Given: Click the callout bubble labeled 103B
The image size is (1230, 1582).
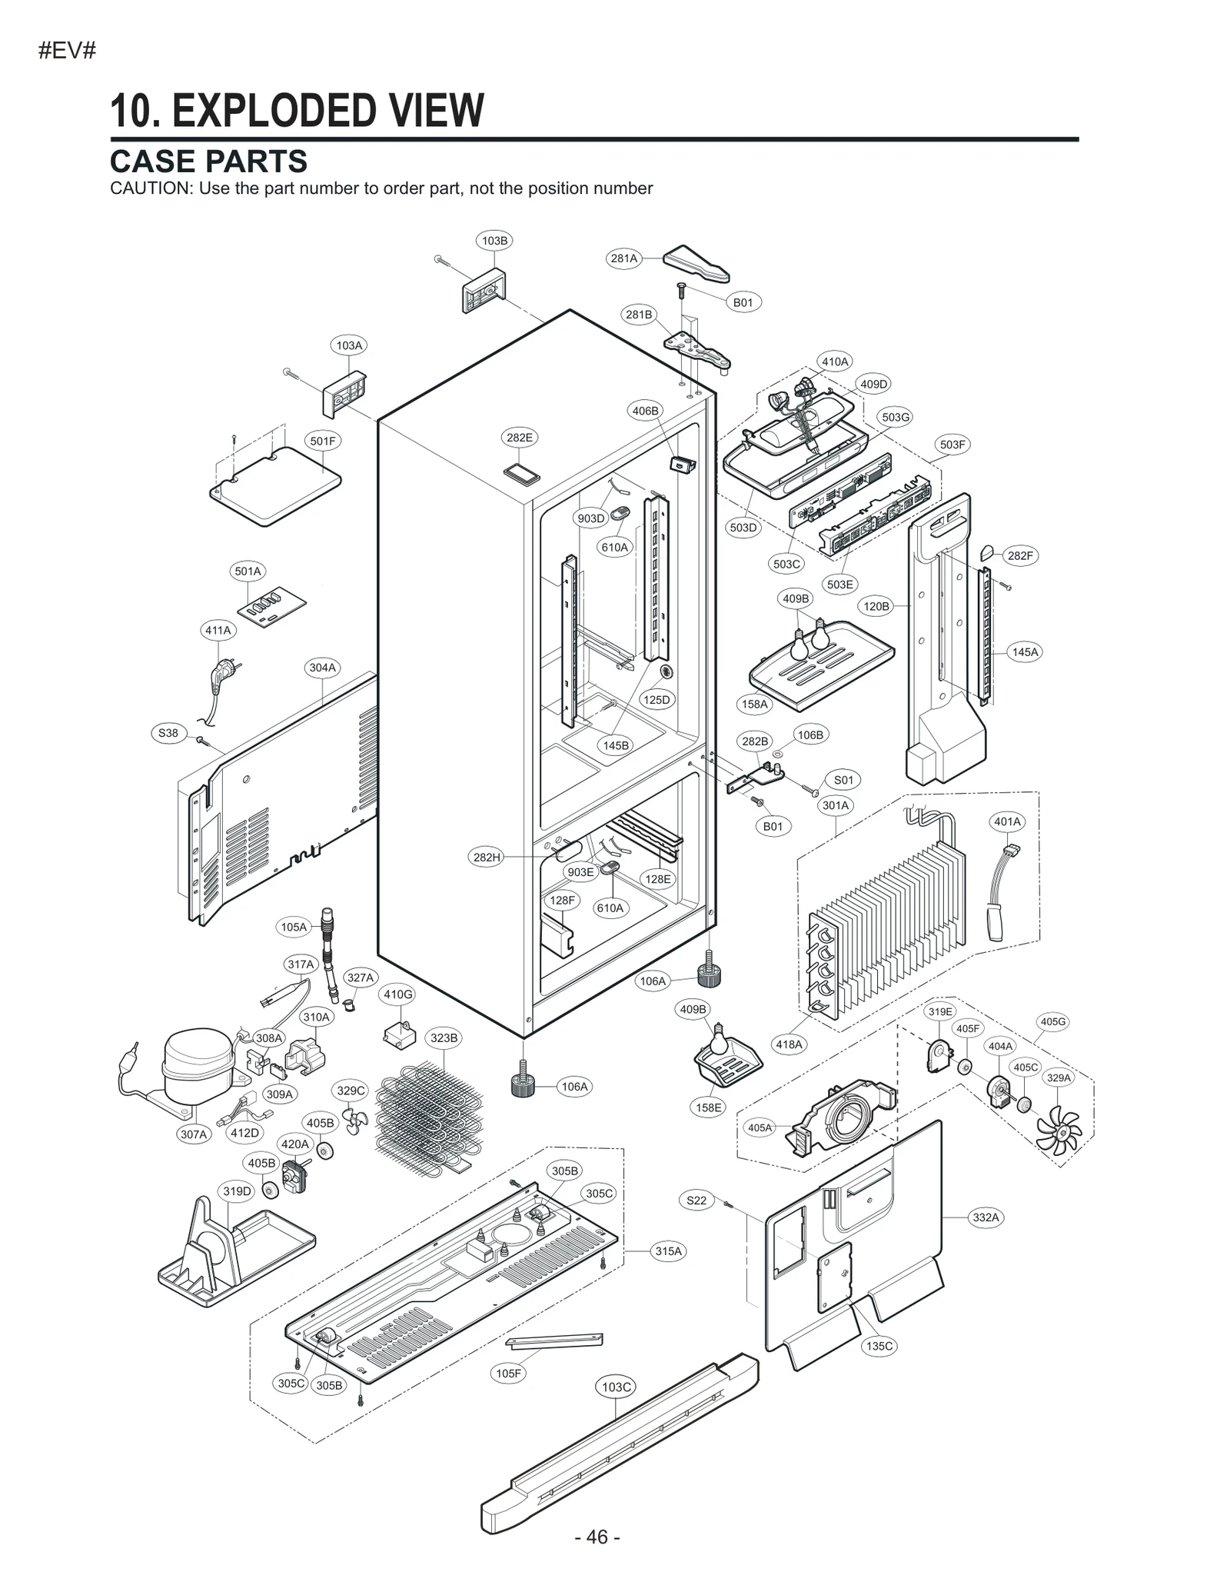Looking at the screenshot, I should coord(494,241).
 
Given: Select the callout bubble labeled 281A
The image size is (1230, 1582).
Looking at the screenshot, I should coord(624,258).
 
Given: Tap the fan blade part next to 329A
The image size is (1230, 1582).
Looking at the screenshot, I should coord(1059,1130).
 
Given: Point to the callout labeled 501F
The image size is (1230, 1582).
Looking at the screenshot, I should coord(323,441).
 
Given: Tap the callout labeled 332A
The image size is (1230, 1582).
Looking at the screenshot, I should coord(986,1217).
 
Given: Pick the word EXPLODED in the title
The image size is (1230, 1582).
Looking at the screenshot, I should coord(278,111).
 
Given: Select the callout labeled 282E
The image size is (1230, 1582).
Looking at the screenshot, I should coord(519,438).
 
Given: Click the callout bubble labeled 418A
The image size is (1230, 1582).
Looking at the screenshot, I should coord(790,1044).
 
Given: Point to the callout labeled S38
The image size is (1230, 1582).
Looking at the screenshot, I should coord(168,733).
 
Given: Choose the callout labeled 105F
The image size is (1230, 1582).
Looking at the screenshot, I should coord(508,1374).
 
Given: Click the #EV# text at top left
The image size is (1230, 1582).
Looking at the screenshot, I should coord(67,52).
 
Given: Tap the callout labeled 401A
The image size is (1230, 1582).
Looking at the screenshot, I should coord(1007,821).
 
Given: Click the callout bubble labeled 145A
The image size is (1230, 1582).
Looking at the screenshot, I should coord(1025,652).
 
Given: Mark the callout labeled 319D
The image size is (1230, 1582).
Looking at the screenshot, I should coord(237,1191).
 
